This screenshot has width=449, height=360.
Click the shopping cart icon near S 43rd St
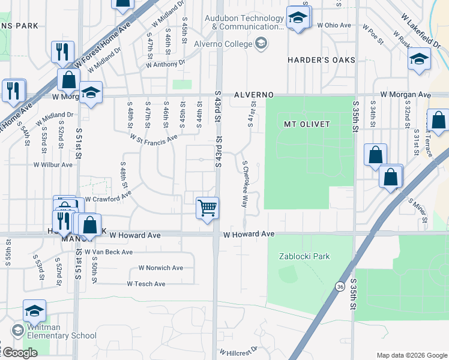point(207,208)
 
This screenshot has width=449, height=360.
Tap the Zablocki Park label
point(304,256)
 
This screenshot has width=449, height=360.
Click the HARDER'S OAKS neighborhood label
point(321,60)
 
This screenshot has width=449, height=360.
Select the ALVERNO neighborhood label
point(253,95)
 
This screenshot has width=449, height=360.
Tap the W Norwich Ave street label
point(161,268)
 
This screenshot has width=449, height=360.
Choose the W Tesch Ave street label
point(146,284)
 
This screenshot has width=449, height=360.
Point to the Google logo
point(19,353)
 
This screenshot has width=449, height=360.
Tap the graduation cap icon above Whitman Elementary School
point(34,311)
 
